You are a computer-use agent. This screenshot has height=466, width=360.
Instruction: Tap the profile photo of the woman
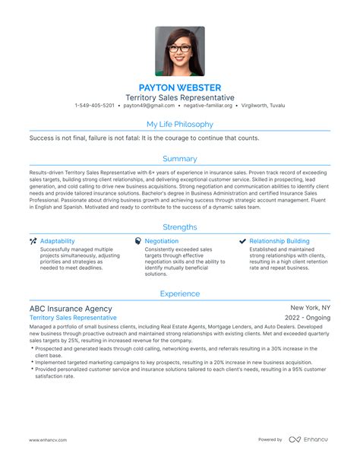(x=180, y=52)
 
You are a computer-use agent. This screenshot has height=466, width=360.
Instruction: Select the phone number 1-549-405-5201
(x=95, y=106)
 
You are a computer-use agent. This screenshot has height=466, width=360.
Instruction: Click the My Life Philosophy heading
(x=180, y=124)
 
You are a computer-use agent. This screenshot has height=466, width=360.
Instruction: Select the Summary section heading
(x=180, y=159)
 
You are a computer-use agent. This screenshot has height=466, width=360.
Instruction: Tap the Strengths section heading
(x=180, y=227)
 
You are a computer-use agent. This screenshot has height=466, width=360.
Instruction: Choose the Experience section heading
(x=180, y=293)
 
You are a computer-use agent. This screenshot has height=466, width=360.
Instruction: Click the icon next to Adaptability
(x=33, y=241)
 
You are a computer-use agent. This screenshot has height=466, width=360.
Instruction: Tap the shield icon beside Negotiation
(x=137, y=241)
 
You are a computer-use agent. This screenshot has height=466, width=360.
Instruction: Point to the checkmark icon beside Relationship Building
(x=242, y=241)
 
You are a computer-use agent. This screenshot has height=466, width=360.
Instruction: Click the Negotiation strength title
(x=162, y=241)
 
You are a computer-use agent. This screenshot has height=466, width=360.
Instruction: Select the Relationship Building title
(x=279, y=241)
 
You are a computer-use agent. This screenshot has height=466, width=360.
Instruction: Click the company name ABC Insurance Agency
(x=71, y=309)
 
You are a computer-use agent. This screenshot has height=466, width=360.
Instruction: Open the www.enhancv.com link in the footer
(x=50, y=439)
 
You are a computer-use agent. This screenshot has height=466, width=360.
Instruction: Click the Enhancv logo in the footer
(x=309, y=439)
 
